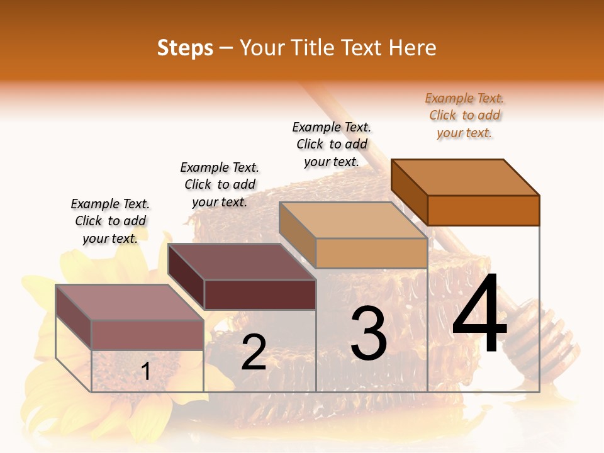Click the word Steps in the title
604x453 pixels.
click(185, 48)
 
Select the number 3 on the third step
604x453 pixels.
click(368, 334)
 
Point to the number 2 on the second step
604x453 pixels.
click(254, 352)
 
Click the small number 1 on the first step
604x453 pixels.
click(146, 371)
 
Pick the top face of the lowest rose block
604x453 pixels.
click(129, 302)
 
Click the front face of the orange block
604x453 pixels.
click(483, 210)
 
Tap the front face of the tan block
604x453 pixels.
click(371, 253)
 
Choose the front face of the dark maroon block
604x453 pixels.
click(260, 294)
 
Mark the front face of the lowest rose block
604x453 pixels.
click(147, 335)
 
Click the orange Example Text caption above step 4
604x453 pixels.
click(464, 115)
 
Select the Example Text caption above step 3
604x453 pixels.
click(332, 144)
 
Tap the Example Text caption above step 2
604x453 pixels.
click(220, 184)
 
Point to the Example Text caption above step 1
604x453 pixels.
click(110, 221)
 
